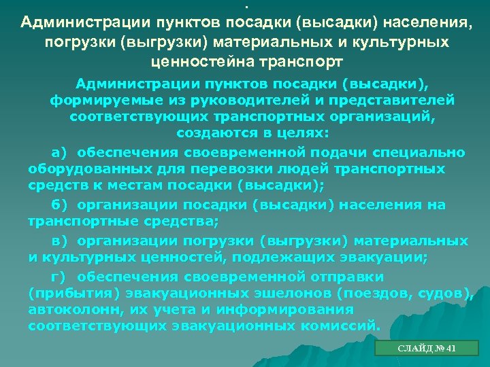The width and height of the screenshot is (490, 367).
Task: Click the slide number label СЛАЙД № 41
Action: pyautogui.click(x=427, y=349)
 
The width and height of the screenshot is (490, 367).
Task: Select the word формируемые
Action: pyautogui.click(x=93, y=100)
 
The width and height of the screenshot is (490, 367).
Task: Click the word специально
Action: pyautogui.click(x=426, y=152)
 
